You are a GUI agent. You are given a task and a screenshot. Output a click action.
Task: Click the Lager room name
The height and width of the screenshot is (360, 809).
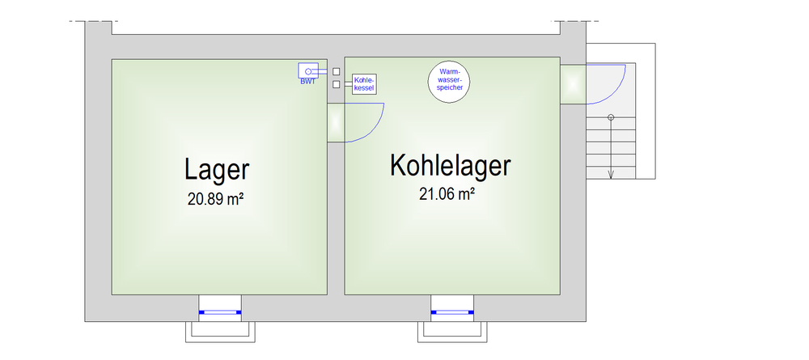click(217, 170)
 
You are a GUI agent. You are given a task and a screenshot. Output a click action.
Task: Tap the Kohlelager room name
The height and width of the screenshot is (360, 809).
click(451, 166)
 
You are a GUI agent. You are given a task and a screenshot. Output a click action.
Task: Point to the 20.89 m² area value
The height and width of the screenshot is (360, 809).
click(216, 199)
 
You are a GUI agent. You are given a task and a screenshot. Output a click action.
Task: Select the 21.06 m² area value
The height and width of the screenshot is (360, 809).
click(447, 194)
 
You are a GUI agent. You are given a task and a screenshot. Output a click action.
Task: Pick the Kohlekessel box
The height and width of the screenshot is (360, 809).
click(364, 84)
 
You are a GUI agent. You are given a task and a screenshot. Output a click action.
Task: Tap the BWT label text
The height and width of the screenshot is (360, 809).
click(307, 82)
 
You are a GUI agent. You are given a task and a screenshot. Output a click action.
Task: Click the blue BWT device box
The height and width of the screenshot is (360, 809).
click(308, 70)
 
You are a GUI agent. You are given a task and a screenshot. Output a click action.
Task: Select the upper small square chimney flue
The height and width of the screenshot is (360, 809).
click(337, 72)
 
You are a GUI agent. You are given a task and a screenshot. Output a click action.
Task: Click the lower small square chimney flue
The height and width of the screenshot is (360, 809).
click(337, 85)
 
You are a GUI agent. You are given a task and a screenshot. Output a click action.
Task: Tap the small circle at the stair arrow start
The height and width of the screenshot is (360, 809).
click(611, 117)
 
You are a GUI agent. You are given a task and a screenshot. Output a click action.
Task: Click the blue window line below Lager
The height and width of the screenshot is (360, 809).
click(220, 312)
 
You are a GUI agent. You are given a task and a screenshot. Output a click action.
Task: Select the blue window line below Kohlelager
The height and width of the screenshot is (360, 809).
click(452, 312)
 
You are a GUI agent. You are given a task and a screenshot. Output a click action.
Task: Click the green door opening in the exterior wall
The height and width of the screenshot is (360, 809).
click(574, 84)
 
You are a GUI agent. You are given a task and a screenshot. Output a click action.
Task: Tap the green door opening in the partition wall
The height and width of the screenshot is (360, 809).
click(336, 123)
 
